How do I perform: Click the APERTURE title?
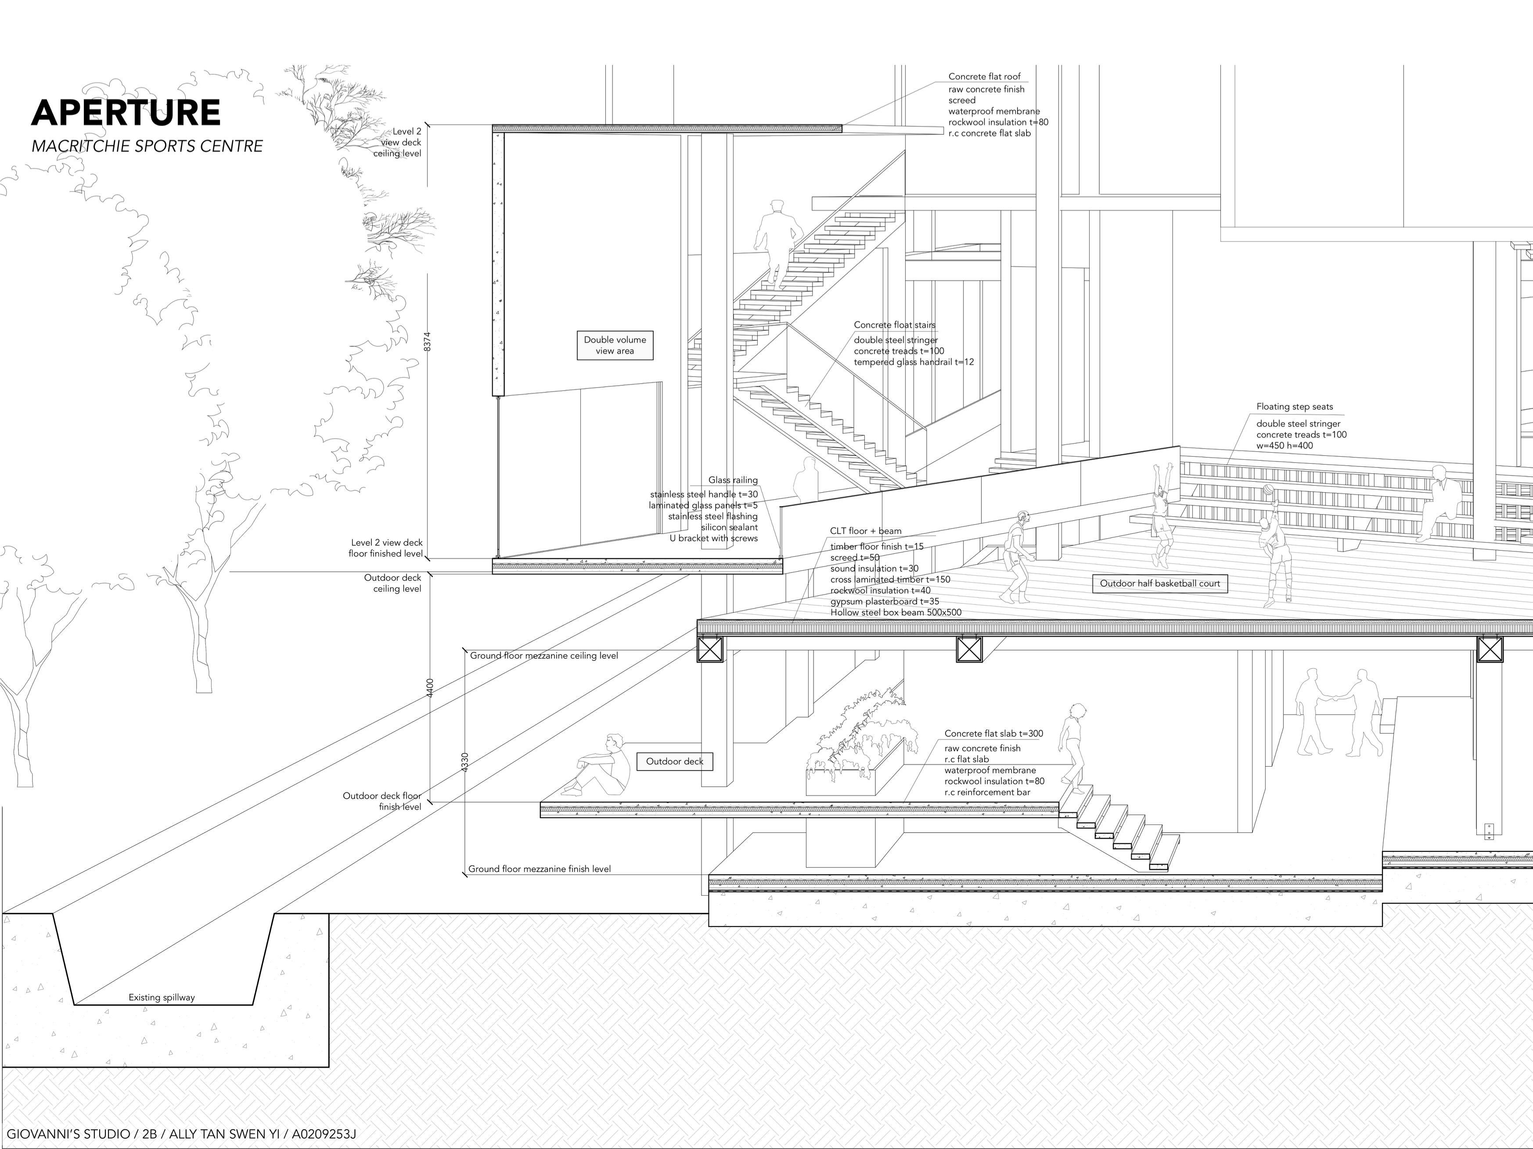pos(126,112)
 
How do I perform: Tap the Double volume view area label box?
pos(615,345)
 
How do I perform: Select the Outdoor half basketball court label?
pos(1159,584)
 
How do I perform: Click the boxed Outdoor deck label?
pos(674,762)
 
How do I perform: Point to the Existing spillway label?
pos(162,998)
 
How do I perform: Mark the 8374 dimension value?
pos(428,342)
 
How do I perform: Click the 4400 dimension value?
pos(430,688)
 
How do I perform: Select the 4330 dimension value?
pos(465,762)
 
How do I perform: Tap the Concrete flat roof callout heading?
pos(984,77)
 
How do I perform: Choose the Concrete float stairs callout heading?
pos(894,325)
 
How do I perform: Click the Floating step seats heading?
pos(1294,407)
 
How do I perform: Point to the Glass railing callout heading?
pos(733,480)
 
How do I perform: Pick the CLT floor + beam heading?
pos(866,532)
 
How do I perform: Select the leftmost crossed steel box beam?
pos(710,649)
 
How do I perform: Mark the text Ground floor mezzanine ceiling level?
pos(543,656)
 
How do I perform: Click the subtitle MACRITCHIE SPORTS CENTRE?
pos(147,146)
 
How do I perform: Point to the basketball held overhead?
pos(1267,490)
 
